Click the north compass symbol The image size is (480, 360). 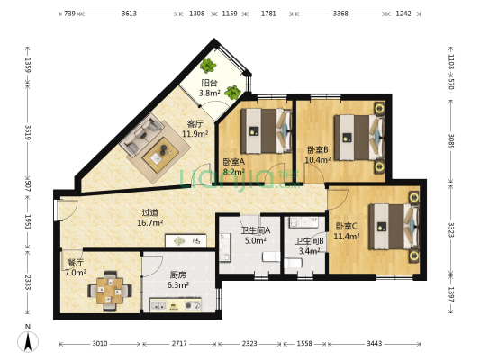pos(28,339)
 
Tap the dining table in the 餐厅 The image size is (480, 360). pos(110,291)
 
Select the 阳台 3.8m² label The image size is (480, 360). pos(210,88)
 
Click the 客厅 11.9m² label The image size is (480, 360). pos(195,129)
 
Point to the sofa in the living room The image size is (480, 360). pos(141,134)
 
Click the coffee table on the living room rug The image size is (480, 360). pos(160,155)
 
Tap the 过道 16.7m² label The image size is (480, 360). pos(149,218)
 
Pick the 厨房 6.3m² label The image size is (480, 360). pos(177,280)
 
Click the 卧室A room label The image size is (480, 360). pos(233,161)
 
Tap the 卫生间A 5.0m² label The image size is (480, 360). pos(255,236)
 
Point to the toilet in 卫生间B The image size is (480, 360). pos(293,263)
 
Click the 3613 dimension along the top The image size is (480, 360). pos(129,13)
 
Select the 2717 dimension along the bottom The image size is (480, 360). pos(179,344)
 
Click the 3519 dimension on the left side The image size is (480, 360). pos(28,132)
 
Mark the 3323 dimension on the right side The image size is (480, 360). pos(451,229)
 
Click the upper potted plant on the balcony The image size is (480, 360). pos(208,66)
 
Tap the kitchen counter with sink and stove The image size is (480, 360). pos(176,304)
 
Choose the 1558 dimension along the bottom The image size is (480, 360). pos(304,344)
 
